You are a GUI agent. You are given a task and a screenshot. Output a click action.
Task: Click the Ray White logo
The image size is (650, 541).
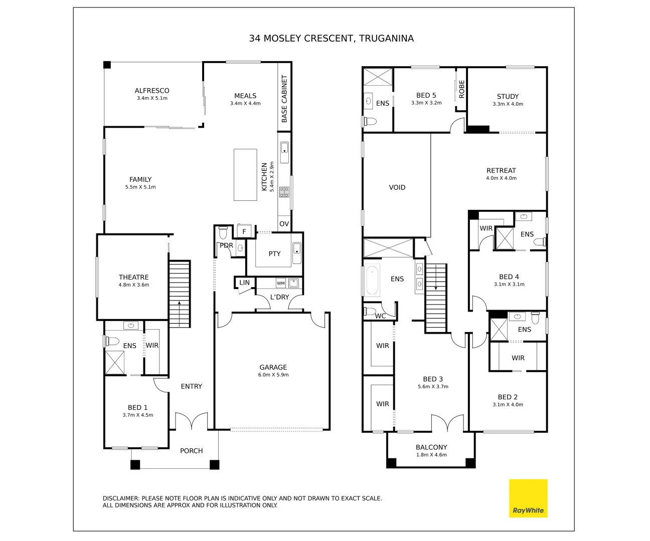528,498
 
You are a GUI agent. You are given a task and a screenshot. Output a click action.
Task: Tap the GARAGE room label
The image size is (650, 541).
273,367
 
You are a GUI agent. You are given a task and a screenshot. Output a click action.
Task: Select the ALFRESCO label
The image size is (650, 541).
152,91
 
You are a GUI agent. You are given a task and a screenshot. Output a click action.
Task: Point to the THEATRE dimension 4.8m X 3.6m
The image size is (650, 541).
134,285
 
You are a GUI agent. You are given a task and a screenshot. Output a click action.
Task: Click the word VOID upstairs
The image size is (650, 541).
397,187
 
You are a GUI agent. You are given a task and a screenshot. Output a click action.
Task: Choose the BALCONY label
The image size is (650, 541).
431,447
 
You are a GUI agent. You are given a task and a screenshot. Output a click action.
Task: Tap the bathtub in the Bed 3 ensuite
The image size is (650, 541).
372,281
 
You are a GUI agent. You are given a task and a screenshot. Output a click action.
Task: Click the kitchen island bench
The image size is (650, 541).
245,175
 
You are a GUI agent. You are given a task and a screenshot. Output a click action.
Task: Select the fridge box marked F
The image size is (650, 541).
244,231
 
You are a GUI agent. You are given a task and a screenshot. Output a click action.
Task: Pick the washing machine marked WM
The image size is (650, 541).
281,284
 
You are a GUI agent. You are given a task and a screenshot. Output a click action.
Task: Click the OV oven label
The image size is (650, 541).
284,224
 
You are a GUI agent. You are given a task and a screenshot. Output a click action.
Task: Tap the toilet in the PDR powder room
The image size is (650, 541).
223,233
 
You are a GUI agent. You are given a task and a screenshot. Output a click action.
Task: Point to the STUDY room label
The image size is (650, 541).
508,96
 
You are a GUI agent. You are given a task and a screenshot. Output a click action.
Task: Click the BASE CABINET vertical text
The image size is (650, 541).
284,99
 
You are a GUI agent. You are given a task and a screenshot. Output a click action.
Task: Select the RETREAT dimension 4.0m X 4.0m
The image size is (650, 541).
501,178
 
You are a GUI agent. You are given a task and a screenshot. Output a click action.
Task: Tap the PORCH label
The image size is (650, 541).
192,451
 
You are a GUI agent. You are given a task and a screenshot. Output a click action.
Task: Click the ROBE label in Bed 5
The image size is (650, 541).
462,89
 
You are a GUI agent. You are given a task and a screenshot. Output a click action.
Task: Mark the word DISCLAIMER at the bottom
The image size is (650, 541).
121,498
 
